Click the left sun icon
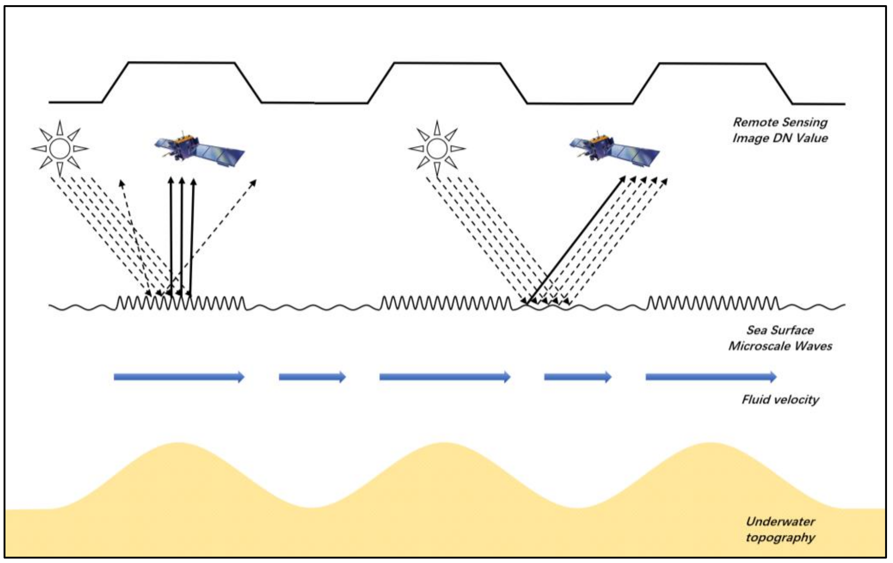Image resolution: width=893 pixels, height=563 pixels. (x=60, y=149)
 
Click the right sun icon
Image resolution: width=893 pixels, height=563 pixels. (x=437, y=149)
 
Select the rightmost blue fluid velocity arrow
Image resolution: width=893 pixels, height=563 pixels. (x=711, y=377)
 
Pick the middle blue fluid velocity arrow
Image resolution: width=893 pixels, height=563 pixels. (x=445, y=377)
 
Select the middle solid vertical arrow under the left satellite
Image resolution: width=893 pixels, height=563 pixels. (x=181, y=237)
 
